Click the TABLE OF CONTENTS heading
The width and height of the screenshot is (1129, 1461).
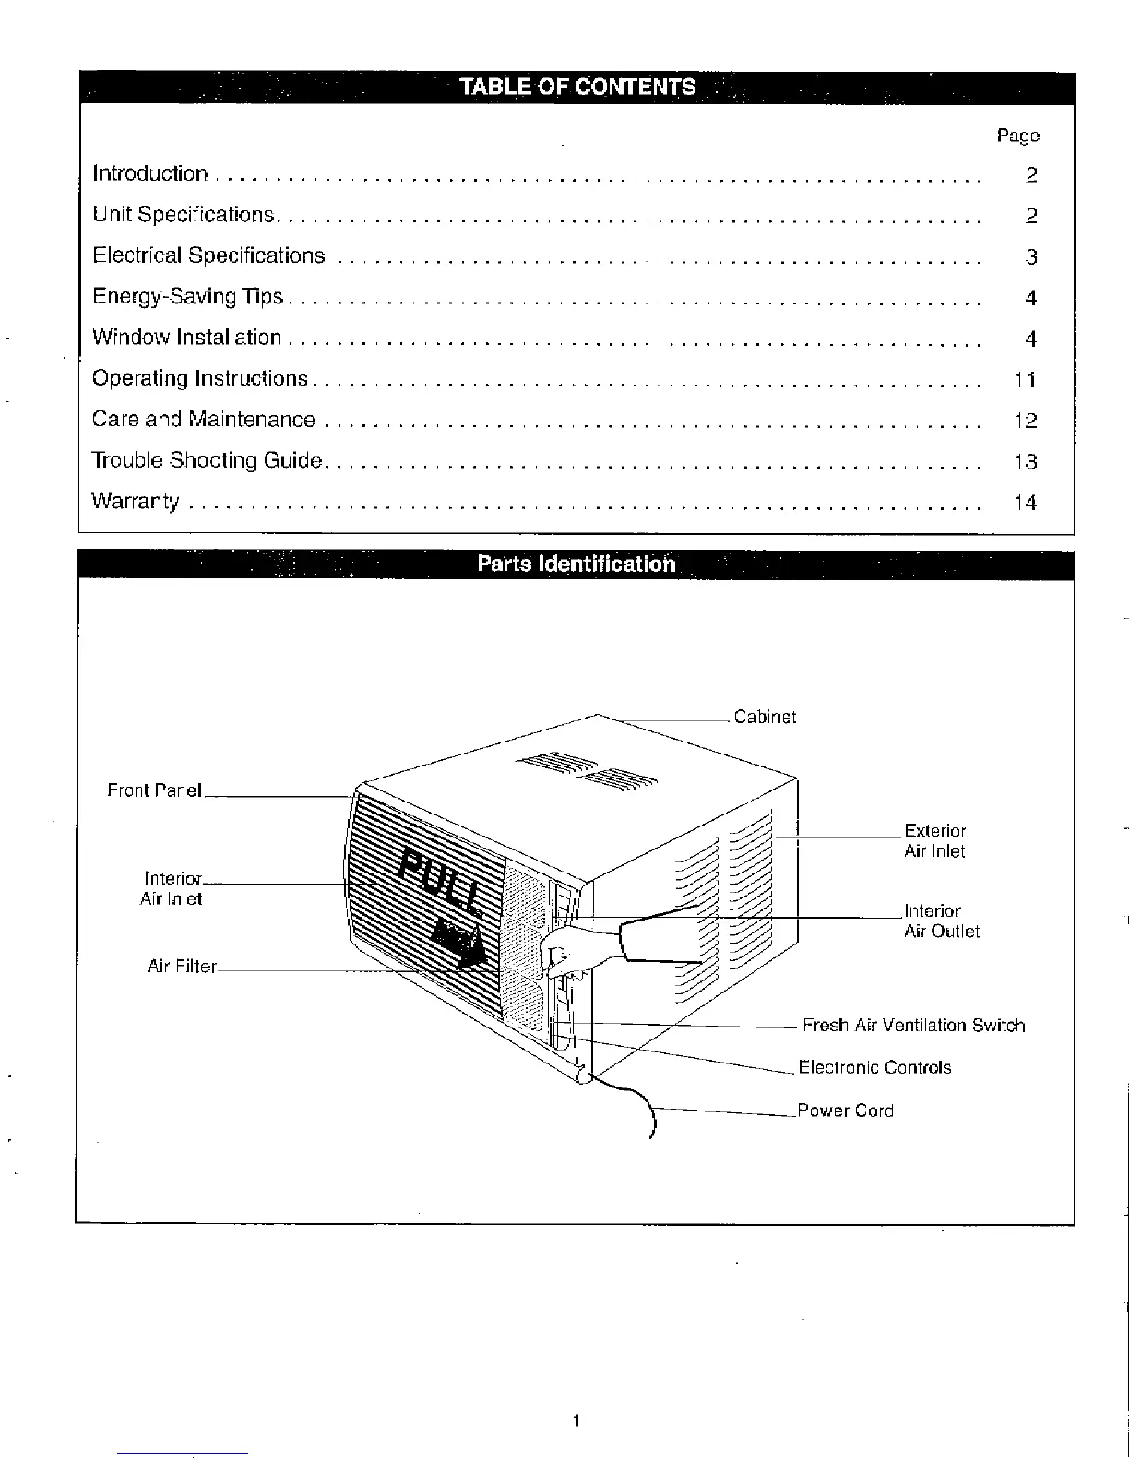(x=577, y=88)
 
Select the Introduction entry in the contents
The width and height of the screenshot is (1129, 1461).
(x=150, y=173)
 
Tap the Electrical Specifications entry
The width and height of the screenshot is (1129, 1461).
(x=208, y=255)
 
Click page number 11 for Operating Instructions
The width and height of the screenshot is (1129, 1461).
(x=1024, y=380)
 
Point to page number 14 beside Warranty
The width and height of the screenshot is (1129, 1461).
(x=1025, y=503)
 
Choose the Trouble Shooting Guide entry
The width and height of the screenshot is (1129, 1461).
(x=207, y=460)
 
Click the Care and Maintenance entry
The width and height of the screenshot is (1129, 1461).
(x=203, y=420)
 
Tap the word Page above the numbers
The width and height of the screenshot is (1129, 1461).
(x=1017, y=136)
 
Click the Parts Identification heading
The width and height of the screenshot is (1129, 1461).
(x=576, y=564)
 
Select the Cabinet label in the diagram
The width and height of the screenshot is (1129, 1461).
(x=765, y=718)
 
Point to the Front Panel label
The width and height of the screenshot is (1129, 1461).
(x=154, y=790)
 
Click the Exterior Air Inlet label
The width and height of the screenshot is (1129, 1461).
(x=934, y=841)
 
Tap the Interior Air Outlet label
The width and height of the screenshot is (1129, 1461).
(x=941, y=921)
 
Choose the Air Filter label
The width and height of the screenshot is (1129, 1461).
(x=182, y=967)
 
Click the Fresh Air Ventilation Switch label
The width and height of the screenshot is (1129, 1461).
(x=913, y=1026)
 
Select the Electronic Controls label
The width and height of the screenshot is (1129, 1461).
(x=874, y=1067)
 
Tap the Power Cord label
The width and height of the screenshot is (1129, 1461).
(x=845, y=1111)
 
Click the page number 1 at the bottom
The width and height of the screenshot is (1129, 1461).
(x=576, y=1420)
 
